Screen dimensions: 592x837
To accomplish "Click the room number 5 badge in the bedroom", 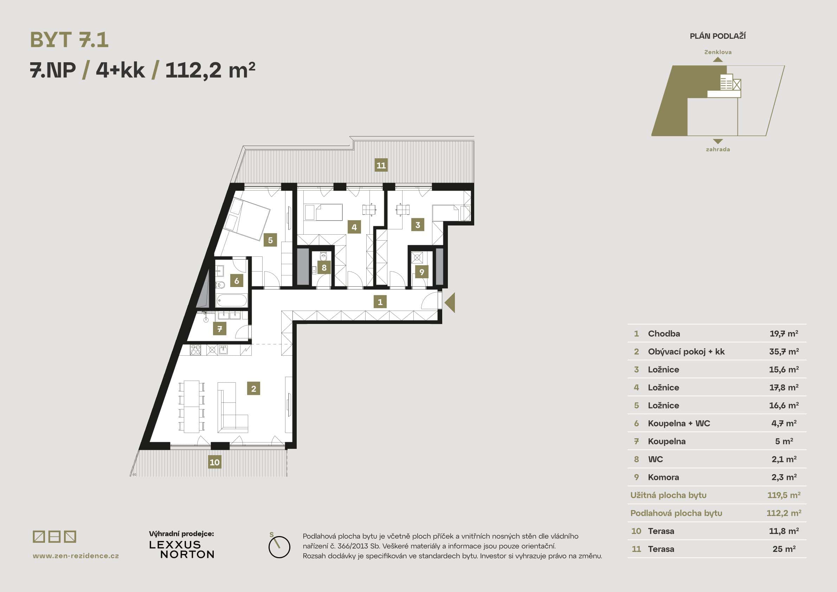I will [x=270, y=240].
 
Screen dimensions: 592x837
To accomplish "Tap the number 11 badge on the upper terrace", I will [x=381, y=165].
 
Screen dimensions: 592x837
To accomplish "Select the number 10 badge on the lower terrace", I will [x=214, y=462].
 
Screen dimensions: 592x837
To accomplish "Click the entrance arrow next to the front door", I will [x=450, y=303].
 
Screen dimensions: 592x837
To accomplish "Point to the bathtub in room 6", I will [x=232, y=300].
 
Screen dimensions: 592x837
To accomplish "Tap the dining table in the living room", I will [x=191, y=406].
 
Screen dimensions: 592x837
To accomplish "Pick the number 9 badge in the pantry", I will [x=422, y=272].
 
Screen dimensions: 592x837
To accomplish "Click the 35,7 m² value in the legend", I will [x=784, y=352].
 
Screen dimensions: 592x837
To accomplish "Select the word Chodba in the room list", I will [x=664, y=333].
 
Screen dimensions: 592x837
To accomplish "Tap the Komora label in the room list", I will [x=663, y=477].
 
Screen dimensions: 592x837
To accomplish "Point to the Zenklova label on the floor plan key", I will [x=718, y=52].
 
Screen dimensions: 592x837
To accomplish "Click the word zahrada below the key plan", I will [x=718, y=149].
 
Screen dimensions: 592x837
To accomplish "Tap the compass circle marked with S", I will [x=279, y=547].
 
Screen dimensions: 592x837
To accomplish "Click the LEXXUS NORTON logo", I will [x=181, y=549].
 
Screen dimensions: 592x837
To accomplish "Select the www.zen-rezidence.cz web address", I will [x=76, y=556].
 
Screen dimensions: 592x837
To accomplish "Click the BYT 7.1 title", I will [x=69, y=40].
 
